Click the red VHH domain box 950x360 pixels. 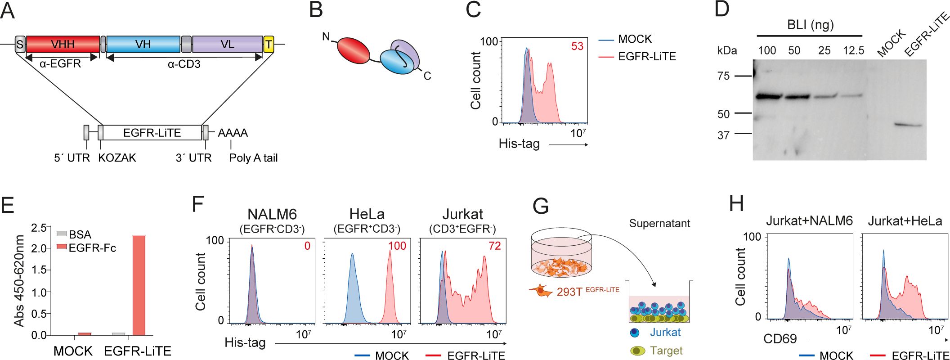63,44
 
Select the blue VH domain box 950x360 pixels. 143,44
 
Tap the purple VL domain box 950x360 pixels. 227,44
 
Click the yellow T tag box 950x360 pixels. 269,44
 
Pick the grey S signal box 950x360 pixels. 20,44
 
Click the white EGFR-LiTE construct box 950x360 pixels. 152,133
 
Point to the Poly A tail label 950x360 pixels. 253,158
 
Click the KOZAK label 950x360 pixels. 117,158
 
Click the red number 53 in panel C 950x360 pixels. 577,46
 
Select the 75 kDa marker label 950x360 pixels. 723,76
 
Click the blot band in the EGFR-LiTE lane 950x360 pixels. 907,125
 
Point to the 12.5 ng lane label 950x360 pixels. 853,50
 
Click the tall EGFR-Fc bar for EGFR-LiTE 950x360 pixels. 139,285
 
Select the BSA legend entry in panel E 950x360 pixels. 74,234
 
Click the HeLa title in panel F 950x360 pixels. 367,214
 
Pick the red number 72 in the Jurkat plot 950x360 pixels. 494,246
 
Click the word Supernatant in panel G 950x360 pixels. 659,224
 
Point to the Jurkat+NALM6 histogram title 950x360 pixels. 809,221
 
